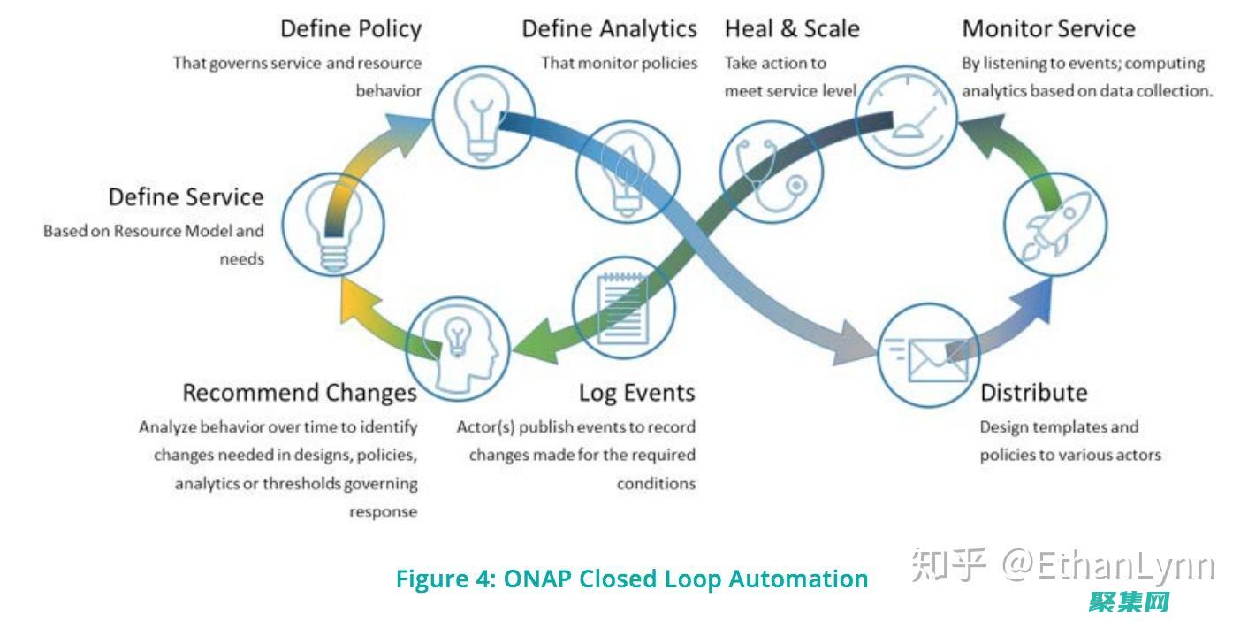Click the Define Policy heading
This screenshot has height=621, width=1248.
351,28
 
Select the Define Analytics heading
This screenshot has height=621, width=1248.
609,28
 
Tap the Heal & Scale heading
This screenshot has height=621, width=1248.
792,28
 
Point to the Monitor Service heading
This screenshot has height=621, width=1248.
1048,28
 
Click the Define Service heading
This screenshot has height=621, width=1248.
186,196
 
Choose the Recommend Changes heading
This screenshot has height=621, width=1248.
300,392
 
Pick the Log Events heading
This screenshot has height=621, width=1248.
636,392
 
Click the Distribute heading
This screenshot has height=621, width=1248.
1033,392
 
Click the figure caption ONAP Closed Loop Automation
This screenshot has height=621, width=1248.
631,579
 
